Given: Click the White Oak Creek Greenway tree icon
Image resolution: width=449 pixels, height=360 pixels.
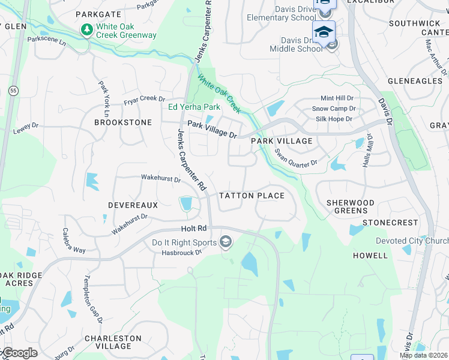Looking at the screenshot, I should (x=86, y=29).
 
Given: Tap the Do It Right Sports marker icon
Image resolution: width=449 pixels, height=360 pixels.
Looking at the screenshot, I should (x=226, y=242).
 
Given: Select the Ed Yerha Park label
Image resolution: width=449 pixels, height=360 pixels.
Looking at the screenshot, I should (x=194, y=107).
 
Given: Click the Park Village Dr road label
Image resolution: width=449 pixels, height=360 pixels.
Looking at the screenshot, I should (x=212, y=128).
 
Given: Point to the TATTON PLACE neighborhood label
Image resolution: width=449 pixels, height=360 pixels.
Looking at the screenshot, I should (x=252, y=196).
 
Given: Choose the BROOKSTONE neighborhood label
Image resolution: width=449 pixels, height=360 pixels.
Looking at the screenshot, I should (x=123, y=122).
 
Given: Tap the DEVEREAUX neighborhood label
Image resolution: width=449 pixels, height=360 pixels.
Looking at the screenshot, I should (x=133, y=205).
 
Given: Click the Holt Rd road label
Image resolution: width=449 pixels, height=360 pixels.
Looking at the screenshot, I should (x=193, y=229).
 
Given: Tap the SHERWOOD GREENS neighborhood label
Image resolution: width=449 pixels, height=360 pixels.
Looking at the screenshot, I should (x=350, y=206).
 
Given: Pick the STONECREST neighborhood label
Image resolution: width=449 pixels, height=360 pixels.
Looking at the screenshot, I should (x=390, y=223).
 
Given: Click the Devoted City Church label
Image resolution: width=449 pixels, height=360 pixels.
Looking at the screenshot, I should (x=412, y=241).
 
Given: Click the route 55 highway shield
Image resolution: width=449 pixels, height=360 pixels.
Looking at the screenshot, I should (x=13, y=90).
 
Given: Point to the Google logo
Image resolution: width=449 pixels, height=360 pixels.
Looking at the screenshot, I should (x=19, y=353).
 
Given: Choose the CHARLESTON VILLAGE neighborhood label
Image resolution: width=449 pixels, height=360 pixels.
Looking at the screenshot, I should (x=113, y=342).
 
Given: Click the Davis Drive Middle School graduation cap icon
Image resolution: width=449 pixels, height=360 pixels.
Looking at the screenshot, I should (x=323, y=32).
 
